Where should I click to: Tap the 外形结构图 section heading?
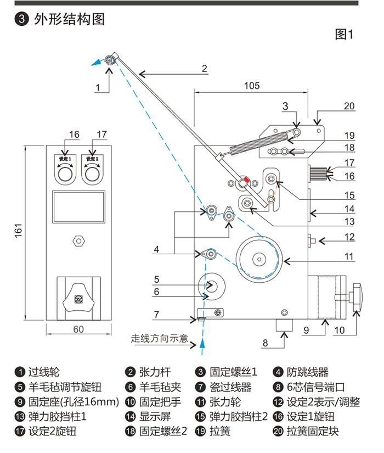point(69,20)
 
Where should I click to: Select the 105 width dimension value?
point(252,86)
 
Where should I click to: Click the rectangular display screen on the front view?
point(78,206)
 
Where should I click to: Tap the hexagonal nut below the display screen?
point(78,241)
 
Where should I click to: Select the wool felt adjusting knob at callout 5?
point(212,286)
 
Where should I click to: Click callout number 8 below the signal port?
point(264,344)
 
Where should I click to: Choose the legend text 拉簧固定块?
point(313,431)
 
